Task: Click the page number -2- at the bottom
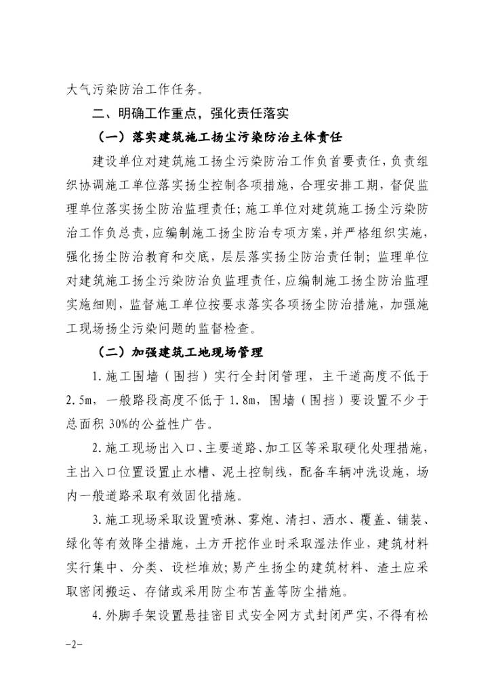pos(71,642)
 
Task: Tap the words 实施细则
pos(92,304)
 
